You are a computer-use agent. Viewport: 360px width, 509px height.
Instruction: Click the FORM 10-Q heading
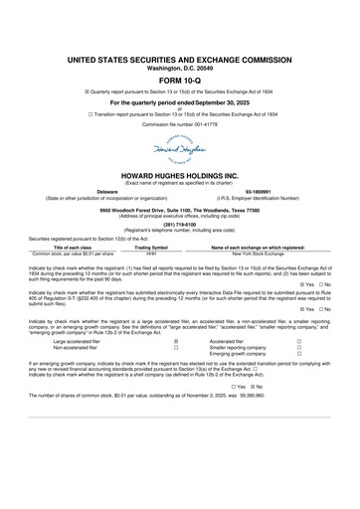(x=179, y=80)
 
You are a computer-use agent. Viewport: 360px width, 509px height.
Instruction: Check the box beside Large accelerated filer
(x=176, y=340)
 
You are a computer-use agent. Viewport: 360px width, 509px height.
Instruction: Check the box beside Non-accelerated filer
(x=176, y=347)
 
